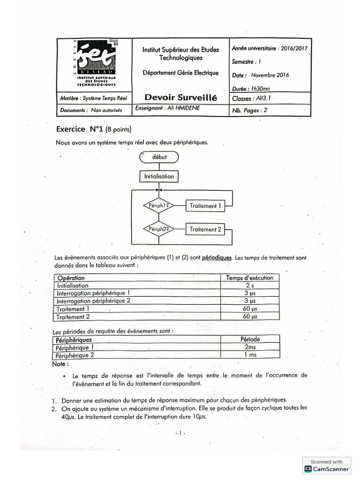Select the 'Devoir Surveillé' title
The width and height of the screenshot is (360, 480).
tap(178, 98)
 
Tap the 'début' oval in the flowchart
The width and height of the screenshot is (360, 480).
tap(159, 157)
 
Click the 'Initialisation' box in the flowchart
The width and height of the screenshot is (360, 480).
tap(159, 177)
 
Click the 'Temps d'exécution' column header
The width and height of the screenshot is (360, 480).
tap(249, 277)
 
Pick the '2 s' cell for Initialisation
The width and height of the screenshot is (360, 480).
tap(249, 285)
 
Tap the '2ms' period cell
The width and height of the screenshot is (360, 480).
tap(250, 347)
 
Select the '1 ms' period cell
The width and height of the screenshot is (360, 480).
tap(250, 355)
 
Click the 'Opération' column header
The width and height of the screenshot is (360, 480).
tap(71, 277)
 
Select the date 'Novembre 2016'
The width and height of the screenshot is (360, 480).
tap(270, 75)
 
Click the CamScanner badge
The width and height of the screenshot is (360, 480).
tap(327, 465)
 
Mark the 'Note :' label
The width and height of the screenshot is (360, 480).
tap(61, 363)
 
